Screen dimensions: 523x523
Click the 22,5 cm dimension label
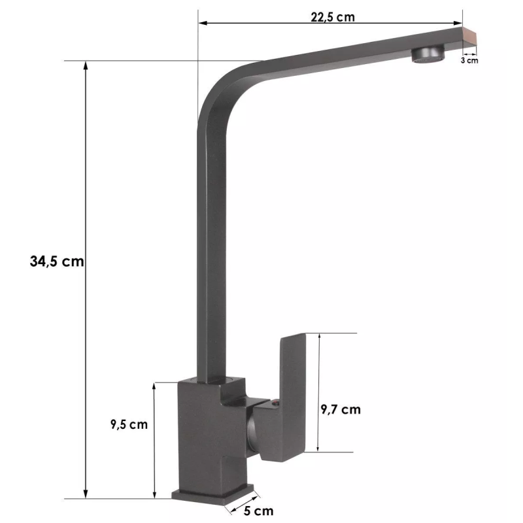pyautogui.click(x=333, y=17)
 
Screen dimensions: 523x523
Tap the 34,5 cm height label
pyautogui.click(x=57, y=261)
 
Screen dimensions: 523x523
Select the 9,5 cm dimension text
pyautogui.click(x=129, y=424)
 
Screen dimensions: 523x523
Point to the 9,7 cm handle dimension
pyautogui.click(x=341, y=409)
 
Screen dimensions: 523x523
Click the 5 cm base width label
pyautogui.click(x=258, y=511)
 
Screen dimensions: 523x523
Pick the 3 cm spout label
pyautogui.click(x=469, y=60)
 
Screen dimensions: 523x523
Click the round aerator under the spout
pyautogui.click(x=428, y=54)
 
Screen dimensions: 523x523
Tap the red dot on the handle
pyautogui.click(x=275, y=403)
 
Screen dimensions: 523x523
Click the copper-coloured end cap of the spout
pyautogui.click(x=469, y=39)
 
